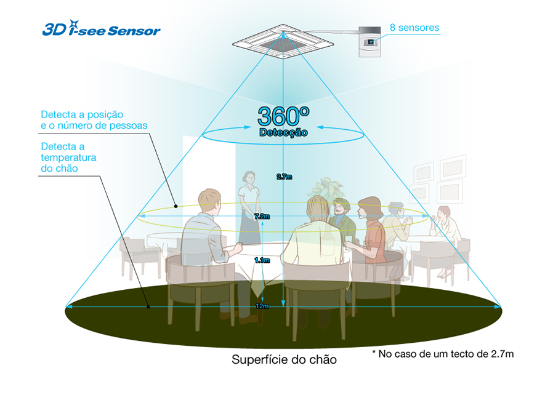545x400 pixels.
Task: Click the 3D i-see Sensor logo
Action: [102, 28]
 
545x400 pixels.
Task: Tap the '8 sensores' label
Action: [414, 28]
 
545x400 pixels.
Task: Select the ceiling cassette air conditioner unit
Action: [283, 42]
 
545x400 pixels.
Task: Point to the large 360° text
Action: [283, 116]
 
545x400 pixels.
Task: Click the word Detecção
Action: [283, 132]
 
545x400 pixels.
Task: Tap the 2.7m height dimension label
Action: [284, 177]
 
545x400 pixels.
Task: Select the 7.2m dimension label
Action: [262, 216]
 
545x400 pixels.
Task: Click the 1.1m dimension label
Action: [262, 260]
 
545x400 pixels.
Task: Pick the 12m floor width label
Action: [262, 306]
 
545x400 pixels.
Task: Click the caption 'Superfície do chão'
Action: [284, 359]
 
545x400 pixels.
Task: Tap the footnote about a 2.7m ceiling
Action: [443, 354]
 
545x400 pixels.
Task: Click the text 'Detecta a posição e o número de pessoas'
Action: [94, 120]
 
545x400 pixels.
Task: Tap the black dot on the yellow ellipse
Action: [176, 206]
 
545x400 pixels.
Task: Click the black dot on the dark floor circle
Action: [148, 306]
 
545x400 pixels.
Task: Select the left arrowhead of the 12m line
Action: [69, 306]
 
